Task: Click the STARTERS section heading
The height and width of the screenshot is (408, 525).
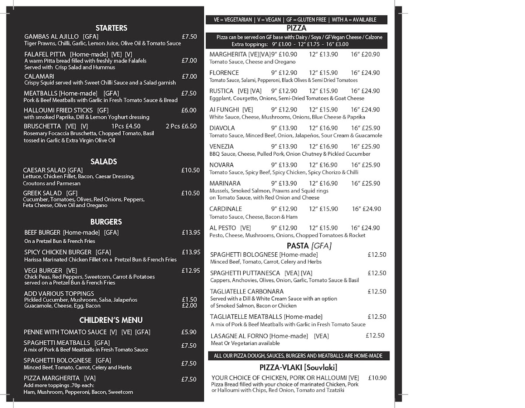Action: tap(111, 28)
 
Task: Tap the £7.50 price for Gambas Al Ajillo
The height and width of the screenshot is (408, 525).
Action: tap(189, 37)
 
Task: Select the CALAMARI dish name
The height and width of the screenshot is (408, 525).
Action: tap(39, 76)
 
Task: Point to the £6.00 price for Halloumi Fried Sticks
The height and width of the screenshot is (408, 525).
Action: tap(189, 110)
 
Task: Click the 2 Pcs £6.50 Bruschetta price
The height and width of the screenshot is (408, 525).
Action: tap(181, 126)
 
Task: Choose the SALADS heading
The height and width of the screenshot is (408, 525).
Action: tap(104, 162)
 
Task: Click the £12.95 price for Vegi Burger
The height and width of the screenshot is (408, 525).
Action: tap(191, 271)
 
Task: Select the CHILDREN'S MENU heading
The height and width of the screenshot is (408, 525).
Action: tap(111, 320)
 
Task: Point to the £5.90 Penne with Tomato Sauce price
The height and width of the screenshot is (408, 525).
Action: tap(189, 332)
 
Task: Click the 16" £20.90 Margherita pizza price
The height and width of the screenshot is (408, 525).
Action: tap(365, 54)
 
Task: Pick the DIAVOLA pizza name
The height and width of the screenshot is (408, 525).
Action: tap(222, 128)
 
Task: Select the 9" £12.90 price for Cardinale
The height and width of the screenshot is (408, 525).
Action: tap(284, 209)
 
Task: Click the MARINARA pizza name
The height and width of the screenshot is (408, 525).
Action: tap(224, 183)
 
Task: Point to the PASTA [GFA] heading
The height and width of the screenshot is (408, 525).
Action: tap(309, 246)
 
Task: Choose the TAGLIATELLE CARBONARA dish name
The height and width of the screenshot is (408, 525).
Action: tap(246, 291)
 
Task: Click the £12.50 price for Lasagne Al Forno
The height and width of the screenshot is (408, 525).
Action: tap(375, 335)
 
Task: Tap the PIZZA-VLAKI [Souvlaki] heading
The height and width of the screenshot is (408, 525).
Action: tap(298, 367)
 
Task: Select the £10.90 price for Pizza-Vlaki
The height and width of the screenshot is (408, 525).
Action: tap(377, 377)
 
